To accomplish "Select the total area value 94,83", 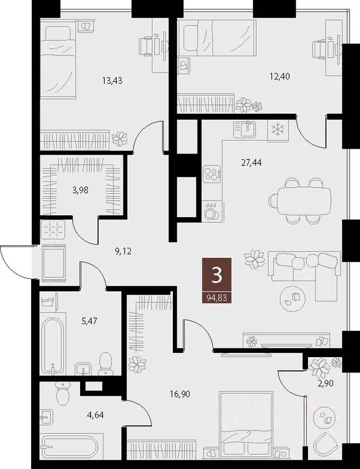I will pyautogui.click(x=216, y=298).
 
